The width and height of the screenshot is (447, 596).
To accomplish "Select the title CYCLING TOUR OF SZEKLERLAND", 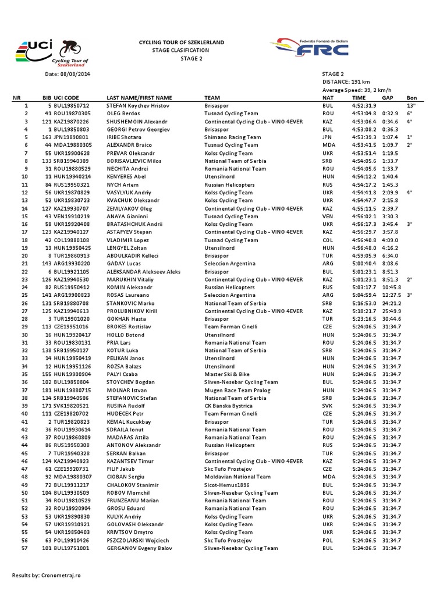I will tap(180, 43).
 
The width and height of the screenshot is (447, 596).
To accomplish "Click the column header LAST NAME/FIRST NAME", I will tap(139, 98).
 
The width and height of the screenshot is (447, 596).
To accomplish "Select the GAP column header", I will tap(388, 98).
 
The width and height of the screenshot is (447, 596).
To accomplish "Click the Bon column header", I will tap(411, 98).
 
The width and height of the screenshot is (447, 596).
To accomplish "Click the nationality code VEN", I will tap(328, 216).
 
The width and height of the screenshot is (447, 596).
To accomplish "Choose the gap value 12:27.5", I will tap(392, 295).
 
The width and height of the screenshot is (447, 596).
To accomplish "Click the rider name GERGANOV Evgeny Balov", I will tap(140, 548).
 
